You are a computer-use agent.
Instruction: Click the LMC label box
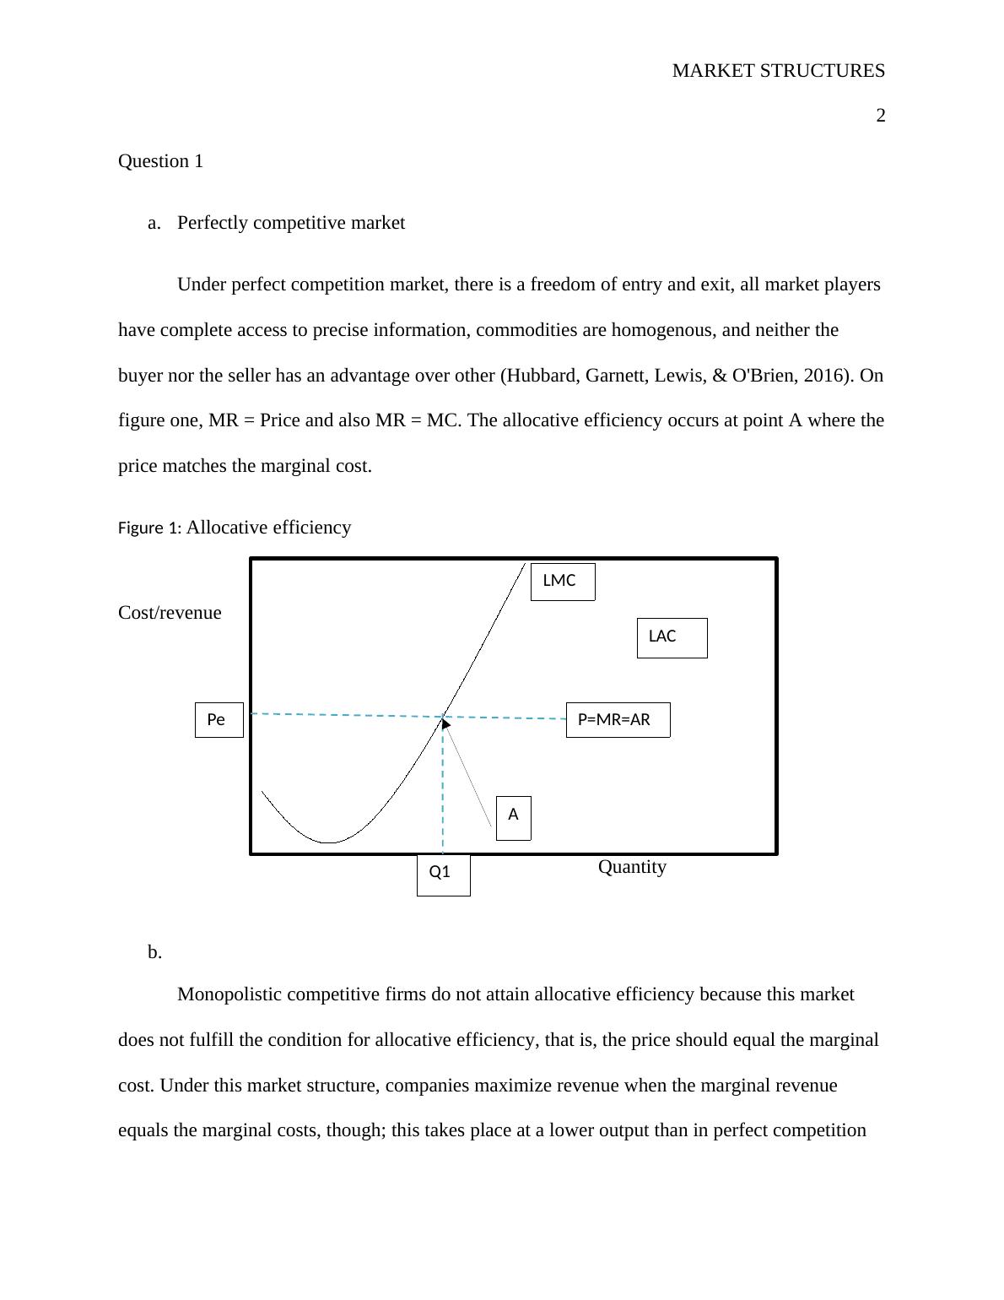click(x=562, y=582)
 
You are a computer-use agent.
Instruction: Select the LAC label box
click(x=672, y=637)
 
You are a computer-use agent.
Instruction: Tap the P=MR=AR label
click(x=618, y=720)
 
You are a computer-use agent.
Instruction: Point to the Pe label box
click(x=219, y=720)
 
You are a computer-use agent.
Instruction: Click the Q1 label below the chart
click(x=443, y=874)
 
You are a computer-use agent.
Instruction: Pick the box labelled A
click(x=513, y=817)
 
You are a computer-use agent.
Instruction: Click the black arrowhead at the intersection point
click(x=445, y=723)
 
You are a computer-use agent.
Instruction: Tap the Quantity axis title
click(x=632, y=867)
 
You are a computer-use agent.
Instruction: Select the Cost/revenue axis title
click(x=170, y=613)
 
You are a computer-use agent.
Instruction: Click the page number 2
click(x=880, y=116)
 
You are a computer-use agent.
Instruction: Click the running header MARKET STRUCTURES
click(x=778, y=71)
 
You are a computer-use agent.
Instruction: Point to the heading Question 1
click(x=160, y=161)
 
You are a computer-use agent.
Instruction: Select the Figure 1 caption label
click(x=148, y=528)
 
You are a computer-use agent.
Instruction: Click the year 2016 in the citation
click(x=826, y=376)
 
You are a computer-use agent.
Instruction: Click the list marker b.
click(x=154, y=952)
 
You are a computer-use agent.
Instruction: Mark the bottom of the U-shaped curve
click(x=328, y=842)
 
